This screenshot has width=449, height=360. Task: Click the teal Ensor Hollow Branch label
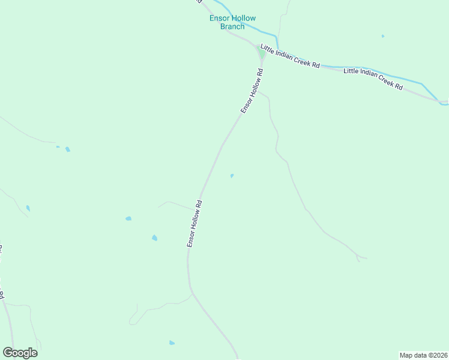click(232, 22)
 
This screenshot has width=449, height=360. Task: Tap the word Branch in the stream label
click(232, 26)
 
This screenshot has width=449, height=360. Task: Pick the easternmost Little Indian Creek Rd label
click(373, 79)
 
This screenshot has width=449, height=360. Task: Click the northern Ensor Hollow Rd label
click(252, 91)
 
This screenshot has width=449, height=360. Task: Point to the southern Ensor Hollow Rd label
click(194, 224)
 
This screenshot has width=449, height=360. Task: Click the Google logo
click(20, 353)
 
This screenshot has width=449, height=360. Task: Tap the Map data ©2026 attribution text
click(423, 355)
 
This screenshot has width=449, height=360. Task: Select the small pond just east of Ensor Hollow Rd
click(232, 176)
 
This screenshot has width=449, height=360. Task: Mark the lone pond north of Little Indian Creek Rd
click(382, 36)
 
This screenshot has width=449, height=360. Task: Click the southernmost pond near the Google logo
click(172, 343)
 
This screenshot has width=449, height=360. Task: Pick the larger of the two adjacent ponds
click(67, 149)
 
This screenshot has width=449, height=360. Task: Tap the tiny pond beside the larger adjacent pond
click(58, 146)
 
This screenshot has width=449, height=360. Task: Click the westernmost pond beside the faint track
click(28, 208)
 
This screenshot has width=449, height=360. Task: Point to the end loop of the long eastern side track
click(361, 258)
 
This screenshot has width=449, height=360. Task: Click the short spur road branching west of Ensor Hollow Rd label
click(171, 203)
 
